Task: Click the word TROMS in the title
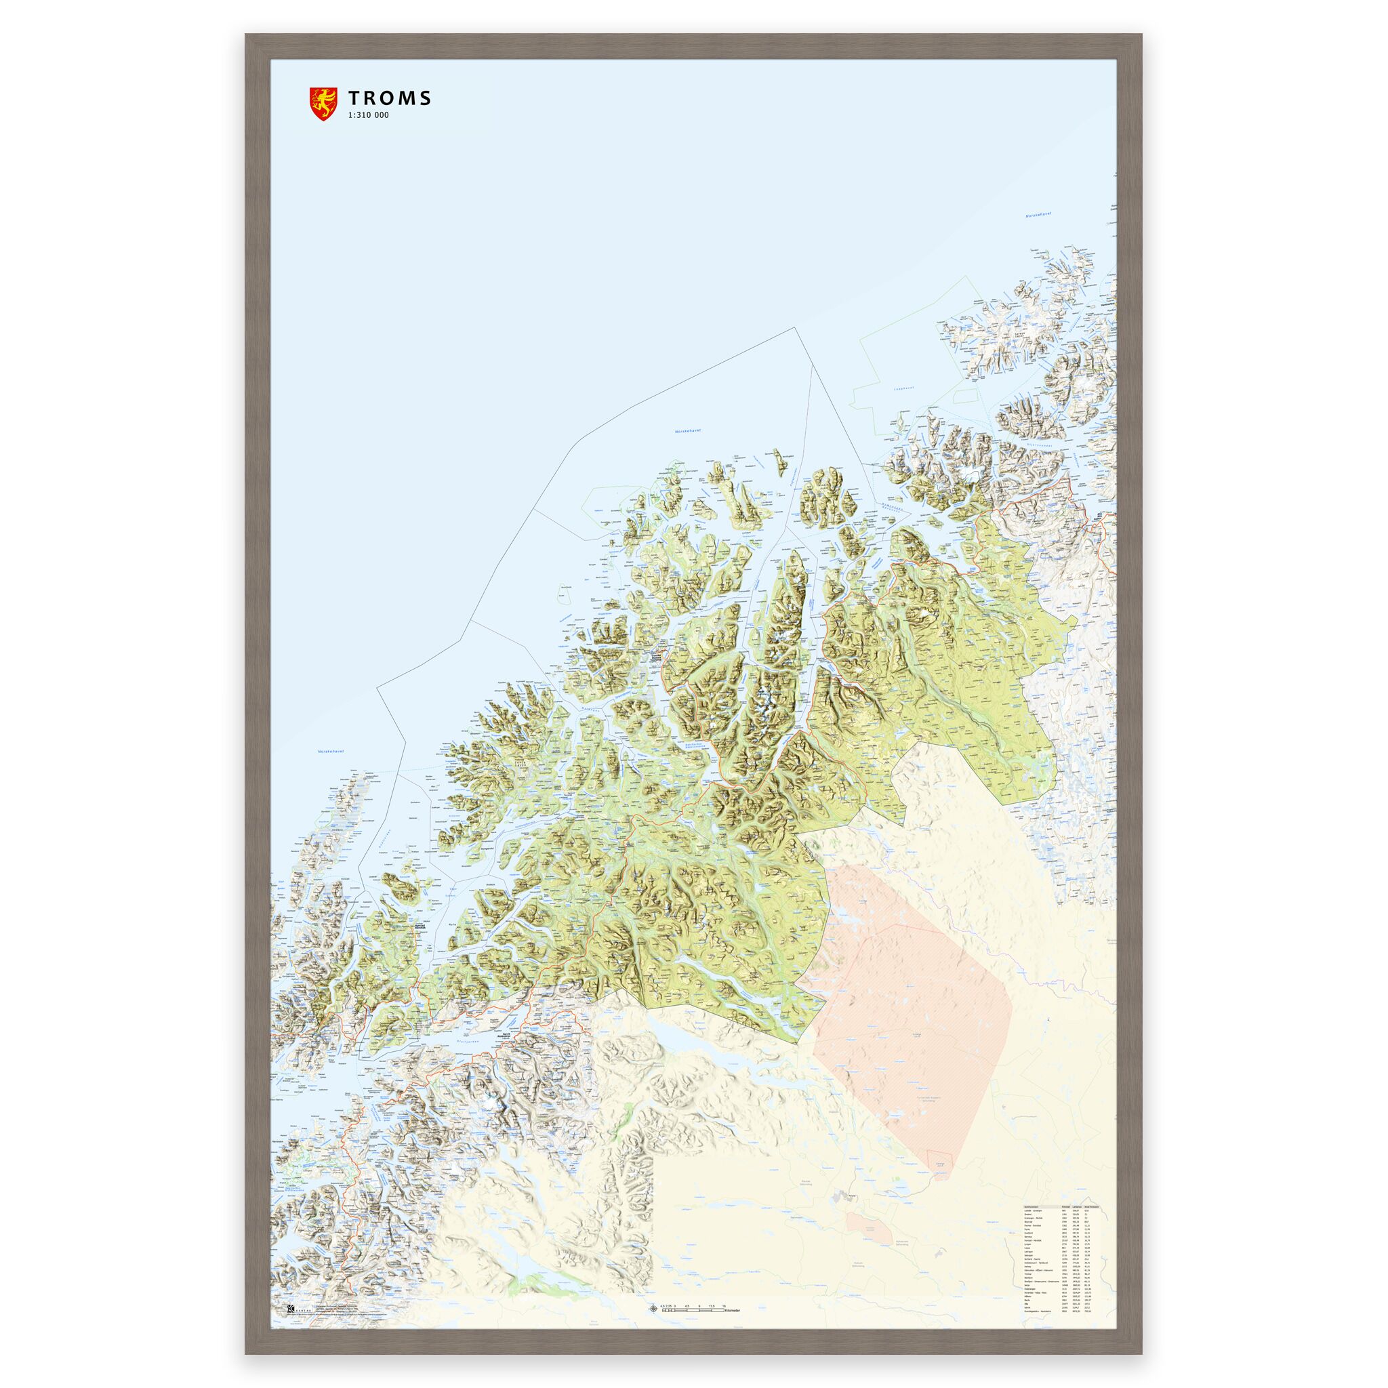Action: [x=390, y=98]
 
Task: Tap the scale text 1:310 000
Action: [x=369, y=115]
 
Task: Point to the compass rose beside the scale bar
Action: [x=653, y=1309]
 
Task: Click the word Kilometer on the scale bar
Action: [x=732, y=1311]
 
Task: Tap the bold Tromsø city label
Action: [x=657, y=657]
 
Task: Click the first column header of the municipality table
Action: [x=1032, y=1207]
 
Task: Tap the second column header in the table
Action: [x=1066, y=1207]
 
